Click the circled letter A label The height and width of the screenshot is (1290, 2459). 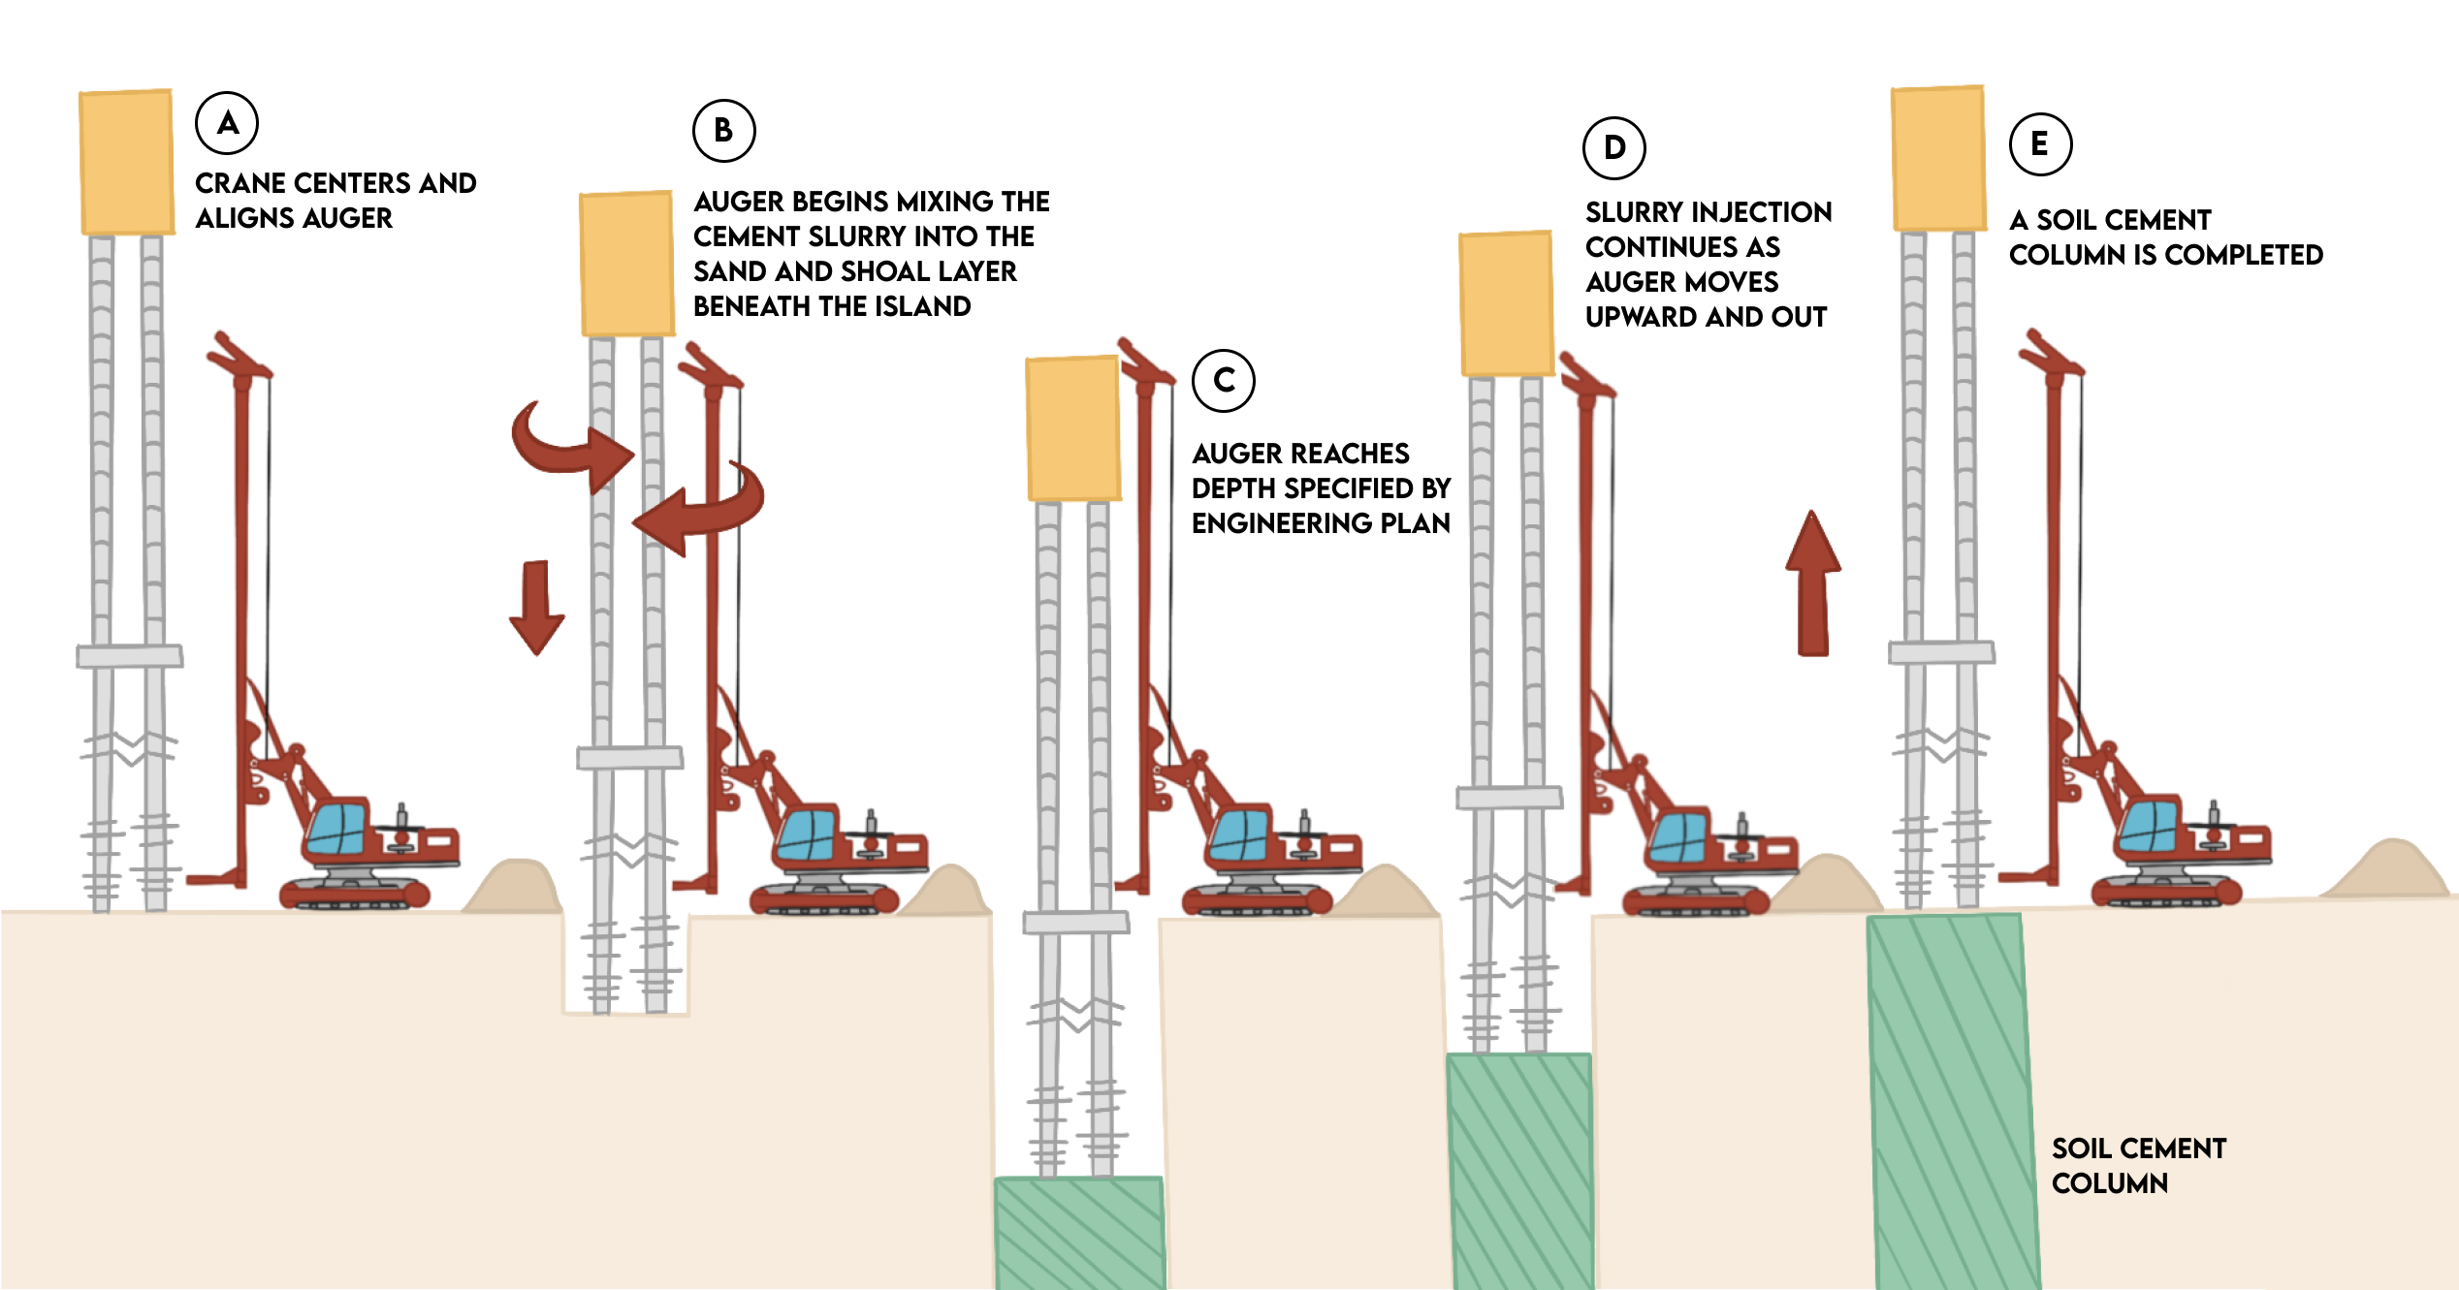pyautogui.click(x=227, y=123)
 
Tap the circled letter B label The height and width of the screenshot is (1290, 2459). pyautogui.click(x=723, y=130)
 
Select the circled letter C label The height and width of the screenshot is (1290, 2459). pyautogui.click(x=1224, y=380)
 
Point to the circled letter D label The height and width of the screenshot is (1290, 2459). pyautogui.click(x=1613, y=147)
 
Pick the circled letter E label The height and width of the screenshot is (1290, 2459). pyautogui.click(x=2040, y=144)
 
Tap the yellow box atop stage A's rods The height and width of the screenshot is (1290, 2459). pyautogui.click(x=126, y=162)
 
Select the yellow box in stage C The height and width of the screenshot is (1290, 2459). pyautogui.click(x=1073, y=428)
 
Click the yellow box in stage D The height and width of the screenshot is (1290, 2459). pyautogui.click(x=1506, y=304)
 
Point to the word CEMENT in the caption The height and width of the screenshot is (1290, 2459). pyautogui.click(x=2182, y=1148)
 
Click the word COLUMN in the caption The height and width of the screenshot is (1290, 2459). pyautogui.click(x=2110, y=1183)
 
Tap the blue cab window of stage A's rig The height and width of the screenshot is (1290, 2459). pyautogui.click(x=336, y=827)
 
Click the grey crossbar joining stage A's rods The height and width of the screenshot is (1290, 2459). pyautogui.click(x=130, y=656)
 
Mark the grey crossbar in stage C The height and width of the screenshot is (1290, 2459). pyautogui.click(x=1076, y=922)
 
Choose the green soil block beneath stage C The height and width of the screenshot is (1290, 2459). pyautogui.click(x=1080, y=1233)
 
